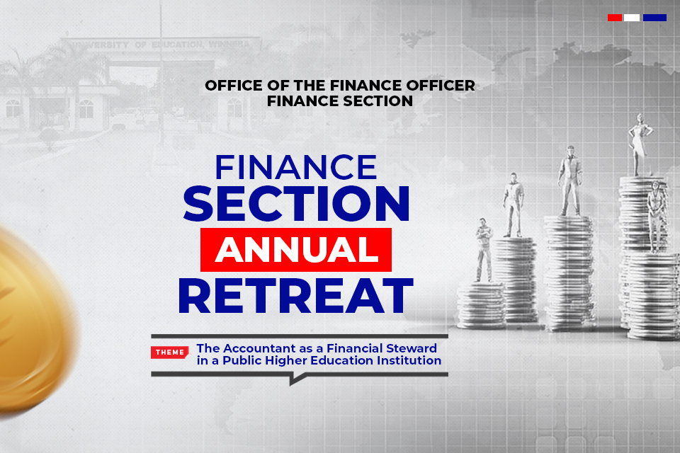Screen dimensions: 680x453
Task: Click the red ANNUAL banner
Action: click(x=296, y=250)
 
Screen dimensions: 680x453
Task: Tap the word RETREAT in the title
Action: click(x=296, y=296)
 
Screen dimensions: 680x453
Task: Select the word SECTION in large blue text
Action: click(x=296, y=203)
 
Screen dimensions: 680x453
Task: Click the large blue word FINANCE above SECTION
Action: click(x=296, y=167)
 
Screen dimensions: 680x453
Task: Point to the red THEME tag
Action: click(x=169, y=352)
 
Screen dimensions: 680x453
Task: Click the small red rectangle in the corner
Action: click(x=615, y=18)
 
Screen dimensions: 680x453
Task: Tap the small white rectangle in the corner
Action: click(x=631, y=18)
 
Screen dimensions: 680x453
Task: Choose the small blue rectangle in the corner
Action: click(x=654, y=18)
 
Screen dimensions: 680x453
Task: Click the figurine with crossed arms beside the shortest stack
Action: click(x=484, y=250)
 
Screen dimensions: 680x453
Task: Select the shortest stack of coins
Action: click(x=482, y=305)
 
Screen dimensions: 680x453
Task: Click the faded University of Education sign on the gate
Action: click(x=161, y=45)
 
